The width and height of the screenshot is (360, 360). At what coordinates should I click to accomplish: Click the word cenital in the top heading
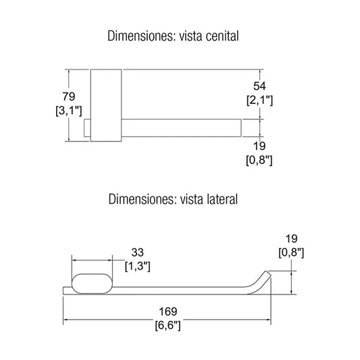point(222,36)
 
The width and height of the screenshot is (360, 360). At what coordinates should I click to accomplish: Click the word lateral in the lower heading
point(222,199)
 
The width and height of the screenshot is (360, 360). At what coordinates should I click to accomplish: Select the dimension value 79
point(69,97)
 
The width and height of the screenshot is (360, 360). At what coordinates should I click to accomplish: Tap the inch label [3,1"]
point(69,111)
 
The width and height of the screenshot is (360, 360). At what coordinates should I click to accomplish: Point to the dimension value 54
point(259,86)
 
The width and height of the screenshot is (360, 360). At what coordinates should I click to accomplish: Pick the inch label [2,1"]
point(259,101)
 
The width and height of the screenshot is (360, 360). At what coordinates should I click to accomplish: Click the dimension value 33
point(138,253)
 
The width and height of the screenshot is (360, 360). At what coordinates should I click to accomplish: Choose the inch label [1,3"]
point(138,266)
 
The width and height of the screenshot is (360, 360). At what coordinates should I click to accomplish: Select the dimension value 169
point(168,311)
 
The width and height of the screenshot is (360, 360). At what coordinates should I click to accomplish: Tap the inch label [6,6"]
point(168,326)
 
